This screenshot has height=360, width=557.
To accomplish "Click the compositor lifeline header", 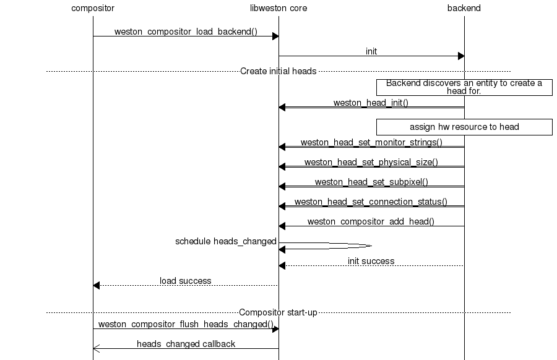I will pyautogui.click(x=93, y=8).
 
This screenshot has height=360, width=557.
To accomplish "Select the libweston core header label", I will pyautogui.click(x=278, y=8).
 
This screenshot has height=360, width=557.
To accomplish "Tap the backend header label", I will pyautogui.click(x=464, y=8).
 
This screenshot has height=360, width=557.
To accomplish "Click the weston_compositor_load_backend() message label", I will pyautogui.click(x=186, y=32).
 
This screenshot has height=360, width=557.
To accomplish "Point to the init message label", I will pyautogui.click(x=371, y=51).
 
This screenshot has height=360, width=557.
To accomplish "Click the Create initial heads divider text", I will pyautogui.click(x=278, y=71).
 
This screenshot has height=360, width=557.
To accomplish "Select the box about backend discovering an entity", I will pyautogui.click(x=464, y=87).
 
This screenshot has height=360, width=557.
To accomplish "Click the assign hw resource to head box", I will pyautogui.click(x=464, y=127).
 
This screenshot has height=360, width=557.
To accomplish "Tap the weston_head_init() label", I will pyautogui.click(x=371, y=103).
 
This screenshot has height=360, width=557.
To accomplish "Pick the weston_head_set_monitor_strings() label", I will pyautogui.click(x=371, y=142).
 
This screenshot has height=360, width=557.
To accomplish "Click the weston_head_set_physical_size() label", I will pyautogui.click(x=371, y=162).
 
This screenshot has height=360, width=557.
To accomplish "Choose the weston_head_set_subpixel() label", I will pyautogui.click(x=371, y=182).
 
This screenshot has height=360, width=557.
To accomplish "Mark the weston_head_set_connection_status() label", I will pyautogui.click(x=371, y=202).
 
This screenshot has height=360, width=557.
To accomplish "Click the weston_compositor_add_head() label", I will pyautogui.click(x=371, y=221).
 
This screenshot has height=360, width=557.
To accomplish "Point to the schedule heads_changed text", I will pyautogui.click(x=225, y=241).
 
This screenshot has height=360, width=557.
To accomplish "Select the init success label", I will pyautogui.click(x=371, y=261).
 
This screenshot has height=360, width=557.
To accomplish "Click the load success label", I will pyautogui.click(x=185, y=281).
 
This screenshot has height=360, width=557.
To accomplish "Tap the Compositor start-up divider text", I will pyautogui.click(x=278, y=312).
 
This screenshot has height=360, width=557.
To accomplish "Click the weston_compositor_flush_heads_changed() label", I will pyautogui.click(x=186, y=324).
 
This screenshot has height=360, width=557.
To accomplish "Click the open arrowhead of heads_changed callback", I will pyautogui.click(x=96, y=349).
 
